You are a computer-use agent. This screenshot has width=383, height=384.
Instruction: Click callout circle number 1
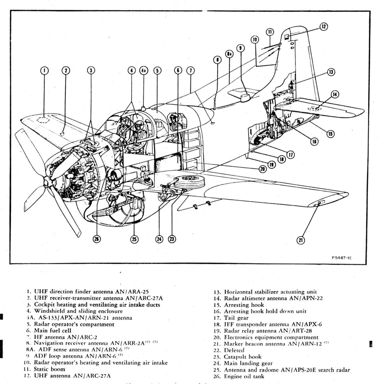pyautogui.click(x=44, y=70)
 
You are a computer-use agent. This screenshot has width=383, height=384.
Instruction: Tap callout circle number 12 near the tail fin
pyautogui.click(x=324, y=27)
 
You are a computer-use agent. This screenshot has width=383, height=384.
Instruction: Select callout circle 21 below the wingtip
pyautogui.click(x=301, y=240)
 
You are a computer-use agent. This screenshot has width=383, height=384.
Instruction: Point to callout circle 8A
pyautogui.click(x=229, y=54)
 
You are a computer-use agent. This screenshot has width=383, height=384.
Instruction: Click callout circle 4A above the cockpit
pyautogui.click(x=144, y=70)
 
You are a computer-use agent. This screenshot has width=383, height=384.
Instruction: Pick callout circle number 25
pyautogui.click(x=134, y=239)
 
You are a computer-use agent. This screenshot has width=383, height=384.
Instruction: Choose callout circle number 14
pyautogui.click(x=335, y=94)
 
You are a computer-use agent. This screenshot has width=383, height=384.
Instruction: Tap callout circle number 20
pyautogui.click(x=263, y=169)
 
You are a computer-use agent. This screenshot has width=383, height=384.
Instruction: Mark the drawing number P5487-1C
pyautogui.click(x=342, y=258)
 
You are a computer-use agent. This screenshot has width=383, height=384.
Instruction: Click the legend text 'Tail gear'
pyautogui.click(x=236, y=318)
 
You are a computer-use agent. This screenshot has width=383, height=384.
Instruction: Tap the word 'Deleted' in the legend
pyautogui.click(x=234, y=350)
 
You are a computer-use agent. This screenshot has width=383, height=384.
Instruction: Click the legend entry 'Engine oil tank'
pyautogui.click(x=244, y=376)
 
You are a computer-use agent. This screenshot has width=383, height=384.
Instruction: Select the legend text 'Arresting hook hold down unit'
pyautogui.click(x=265, y=311)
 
